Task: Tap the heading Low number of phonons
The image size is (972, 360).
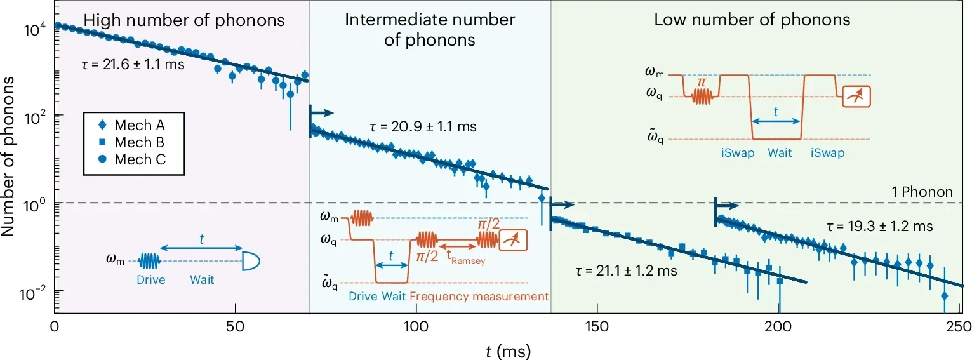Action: coord(752,20)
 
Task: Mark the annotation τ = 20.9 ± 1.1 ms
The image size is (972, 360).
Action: coord(422,127)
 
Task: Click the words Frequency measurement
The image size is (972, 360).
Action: coord(479,296)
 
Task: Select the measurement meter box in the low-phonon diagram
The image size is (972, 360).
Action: coord(855,96)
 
